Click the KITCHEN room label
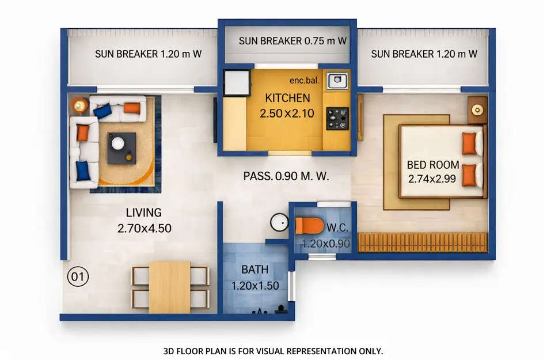click(287, 98)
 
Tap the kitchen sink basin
click(336, 81)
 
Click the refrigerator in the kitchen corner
click(236, 83)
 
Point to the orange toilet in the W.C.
click(309, 226)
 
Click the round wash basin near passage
click(280, 222)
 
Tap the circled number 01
click(78, 277)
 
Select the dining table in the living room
click(169, 287)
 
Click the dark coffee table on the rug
click(122, 148)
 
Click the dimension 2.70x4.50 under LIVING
click(145, 228)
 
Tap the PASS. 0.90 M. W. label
click(286, 177)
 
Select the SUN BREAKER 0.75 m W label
click(293, 41)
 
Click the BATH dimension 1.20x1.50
click(255, 285)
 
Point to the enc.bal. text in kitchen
click(305, 81)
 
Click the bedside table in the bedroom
click(477, 109)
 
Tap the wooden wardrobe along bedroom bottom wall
click(423, 242)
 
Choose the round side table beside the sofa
click(80, 105)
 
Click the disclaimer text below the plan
click(273, 350)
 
